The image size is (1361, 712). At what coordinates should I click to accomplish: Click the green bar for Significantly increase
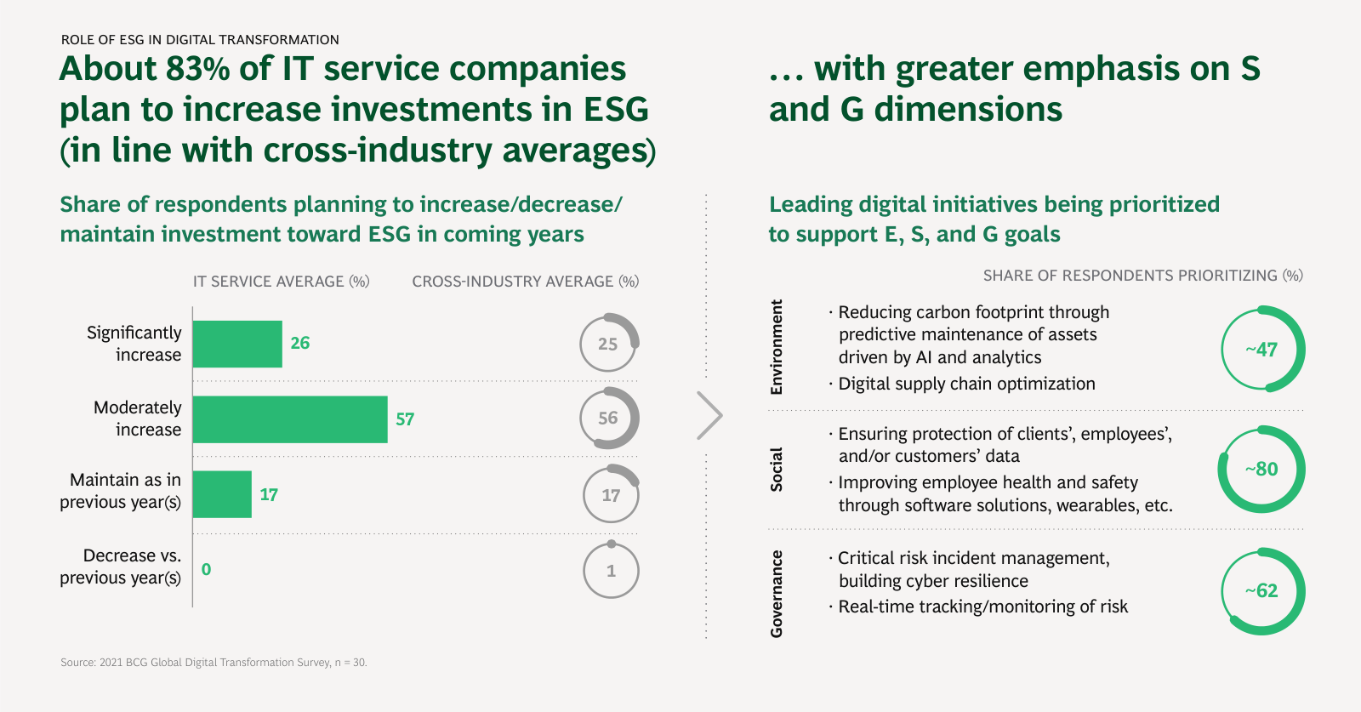(237, 344)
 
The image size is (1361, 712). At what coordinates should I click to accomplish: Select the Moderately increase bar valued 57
(290, 419)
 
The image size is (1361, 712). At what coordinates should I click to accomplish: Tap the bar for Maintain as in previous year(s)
(222, 494)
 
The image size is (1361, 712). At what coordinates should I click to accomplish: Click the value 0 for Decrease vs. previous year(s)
(206, 569)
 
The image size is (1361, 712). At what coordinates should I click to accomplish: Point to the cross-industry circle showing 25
(608, 344)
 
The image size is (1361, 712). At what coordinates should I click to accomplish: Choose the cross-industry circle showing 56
(608, 418)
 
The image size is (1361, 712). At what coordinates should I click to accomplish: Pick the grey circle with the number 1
(611, 571)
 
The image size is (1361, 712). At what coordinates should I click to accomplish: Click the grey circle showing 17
(611, 494)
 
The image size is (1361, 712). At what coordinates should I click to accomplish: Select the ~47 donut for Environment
(1262, 349)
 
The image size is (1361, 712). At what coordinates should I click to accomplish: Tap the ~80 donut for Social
(1261, 469)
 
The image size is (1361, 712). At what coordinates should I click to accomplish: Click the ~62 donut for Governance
(1262, 590)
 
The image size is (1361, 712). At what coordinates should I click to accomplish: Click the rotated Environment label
(777, 347)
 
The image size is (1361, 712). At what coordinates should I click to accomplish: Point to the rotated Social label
(777, 469)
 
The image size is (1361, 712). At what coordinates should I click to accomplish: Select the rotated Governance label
(777, 594)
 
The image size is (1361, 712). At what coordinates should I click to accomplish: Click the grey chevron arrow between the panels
(709, 415)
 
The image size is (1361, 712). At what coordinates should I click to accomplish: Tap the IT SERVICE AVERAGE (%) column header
(281, 282)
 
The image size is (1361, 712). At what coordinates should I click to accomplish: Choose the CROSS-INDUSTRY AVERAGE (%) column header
(525, 282)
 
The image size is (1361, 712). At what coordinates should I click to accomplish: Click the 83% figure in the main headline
(198, 69)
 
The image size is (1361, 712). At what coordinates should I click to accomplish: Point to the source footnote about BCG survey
(214, 662)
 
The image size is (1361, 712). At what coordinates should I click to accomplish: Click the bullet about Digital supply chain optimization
(966, 384)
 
